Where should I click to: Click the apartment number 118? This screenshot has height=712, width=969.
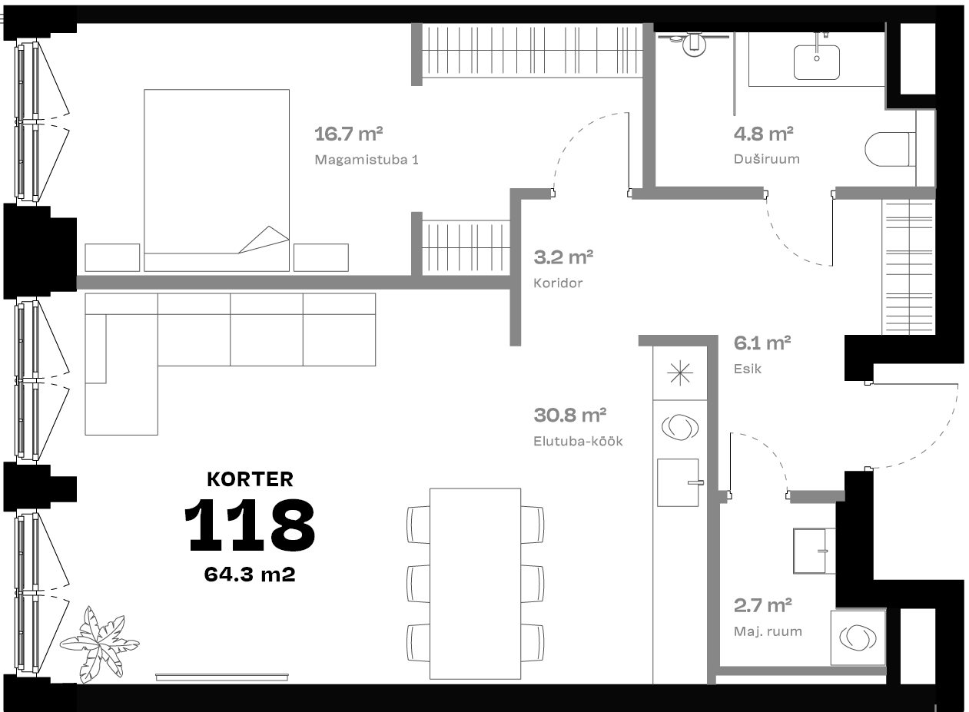click(x=250, y=525)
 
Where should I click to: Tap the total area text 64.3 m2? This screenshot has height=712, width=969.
click(x=250, y=575)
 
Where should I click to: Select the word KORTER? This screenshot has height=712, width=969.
click(x=250, y=479)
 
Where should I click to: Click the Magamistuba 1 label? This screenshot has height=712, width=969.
click(x=367, y=160)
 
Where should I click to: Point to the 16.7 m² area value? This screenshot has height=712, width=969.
click(x=349, y=134)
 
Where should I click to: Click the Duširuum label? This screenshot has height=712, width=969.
click(x=767, y=159)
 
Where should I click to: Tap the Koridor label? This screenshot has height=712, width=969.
click(x=558, y=283)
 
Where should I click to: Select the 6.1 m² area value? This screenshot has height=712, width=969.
click(x=762, y=343)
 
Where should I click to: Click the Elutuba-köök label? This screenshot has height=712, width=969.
click(x=578, y=442)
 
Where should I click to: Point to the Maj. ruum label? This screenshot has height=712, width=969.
click(x=768, y=631)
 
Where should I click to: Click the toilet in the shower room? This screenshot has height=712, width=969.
click(x=890, y=150)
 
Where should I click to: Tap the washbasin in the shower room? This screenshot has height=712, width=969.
click(x=817, y=62)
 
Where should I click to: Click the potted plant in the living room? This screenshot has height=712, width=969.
click(x=99, y=645)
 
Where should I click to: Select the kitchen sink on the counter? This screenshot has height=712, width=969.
click(x=679, y=482)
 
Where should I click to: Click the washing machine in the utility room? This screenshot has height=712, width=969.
click(x=858, y=637)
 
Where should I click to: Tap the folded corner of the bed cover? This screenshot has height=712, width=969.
click(x=264, y=239)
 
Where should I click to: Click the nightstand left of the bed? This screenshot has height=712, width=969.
click(x=112, y=257)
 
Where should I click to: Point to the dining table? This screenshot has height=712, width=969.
click(x=475, y=584)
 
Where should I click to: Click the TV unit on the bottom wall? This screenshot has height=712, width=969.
click(x=222, y=677)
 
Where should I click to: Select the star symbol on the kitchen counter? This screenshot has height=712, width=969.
click(x=680, y=373)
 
